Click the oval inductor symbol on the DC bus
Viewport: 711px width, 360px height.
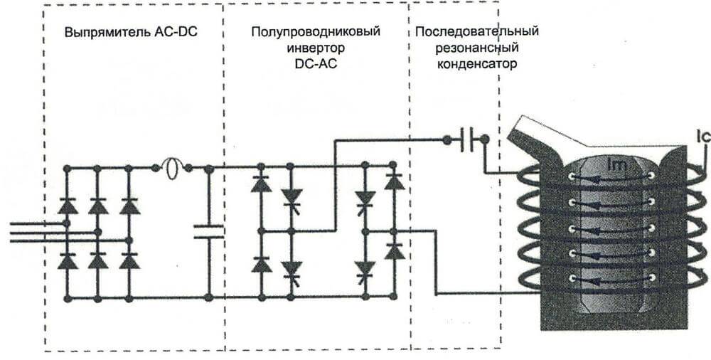171,168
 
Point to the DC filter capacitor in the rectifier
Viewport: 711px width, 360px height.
208,231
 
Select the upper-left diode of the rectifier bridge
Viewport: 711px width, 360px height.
67,206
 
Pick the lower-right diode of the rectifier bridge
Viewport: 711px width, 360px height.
129,260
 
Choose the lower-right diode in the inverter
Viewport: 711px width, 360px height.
394,250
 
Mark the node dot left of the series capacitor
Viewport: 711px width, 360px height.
447,140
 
